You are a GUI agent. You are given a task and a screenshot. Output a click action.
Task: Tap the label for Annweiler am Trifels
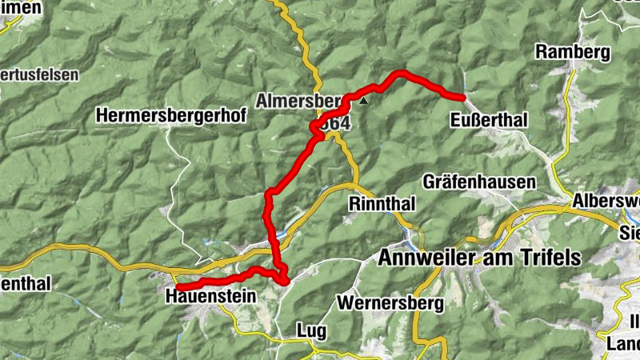478,258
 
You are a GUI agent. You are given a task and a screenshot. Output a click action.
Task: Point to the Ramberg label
573,53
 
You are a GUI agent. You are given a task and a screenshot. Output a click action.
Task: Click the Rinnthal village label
382,204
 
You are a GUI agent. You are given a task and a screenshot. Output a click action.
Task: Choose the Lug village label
311,330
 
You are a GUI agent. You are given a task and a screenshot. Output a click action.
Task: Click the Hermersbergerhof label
171,116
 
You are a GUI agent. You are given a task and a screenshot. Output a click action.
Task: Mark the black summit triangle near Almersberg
364,102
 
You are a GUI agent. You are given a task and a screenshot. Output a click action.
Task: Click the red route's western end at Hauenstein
178,286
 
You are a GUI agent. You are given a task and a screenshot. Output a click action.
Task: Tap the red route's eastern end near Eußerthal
463,98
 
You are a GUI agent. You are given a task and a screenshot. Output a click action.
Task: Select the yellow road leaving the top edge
279,5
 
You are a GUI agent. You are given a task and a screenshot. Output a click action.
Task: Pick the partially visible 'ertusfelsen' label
39,74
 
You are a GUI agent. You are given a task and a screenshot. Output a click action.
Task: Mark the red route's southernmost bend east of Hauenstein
283,279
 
